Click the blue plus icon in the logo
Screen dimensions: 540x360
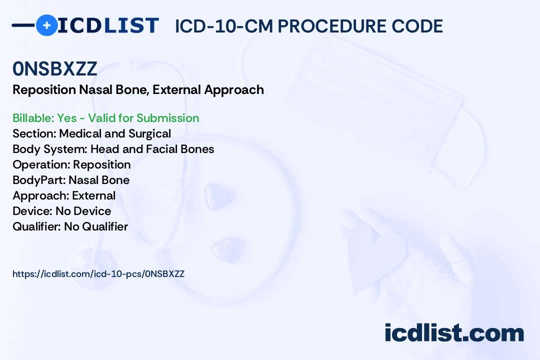(x=46, y=25)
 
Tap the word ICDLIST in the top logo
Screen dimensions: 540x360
(x=108, y=25)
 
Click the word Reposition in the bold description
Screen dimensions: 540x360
(x=44, y=90)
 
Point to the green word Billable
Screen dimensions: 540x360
(x=33, y=118)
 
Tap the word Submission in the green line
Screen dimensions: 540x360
(x=167, y=118)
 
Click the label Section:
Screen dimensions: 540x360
(x=34, y=133)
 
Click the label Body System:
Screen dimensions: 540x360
(x=50, y=149)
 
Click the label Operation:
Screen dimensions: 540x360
(x=41, y=164)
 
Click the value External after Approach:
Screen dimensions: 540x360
(x=93, y=195)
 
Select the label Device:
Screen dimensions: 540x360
(x=32, y=211)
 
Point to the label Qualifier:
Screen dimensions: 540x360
(x=37, y=226)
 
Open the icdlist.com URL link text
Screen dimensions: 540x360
(x=98, y=274)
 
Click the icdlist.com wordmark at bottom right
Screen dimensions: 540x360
(x=454, y=332)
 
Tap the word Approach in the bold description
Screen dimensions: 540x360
(x=234, y=90)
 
